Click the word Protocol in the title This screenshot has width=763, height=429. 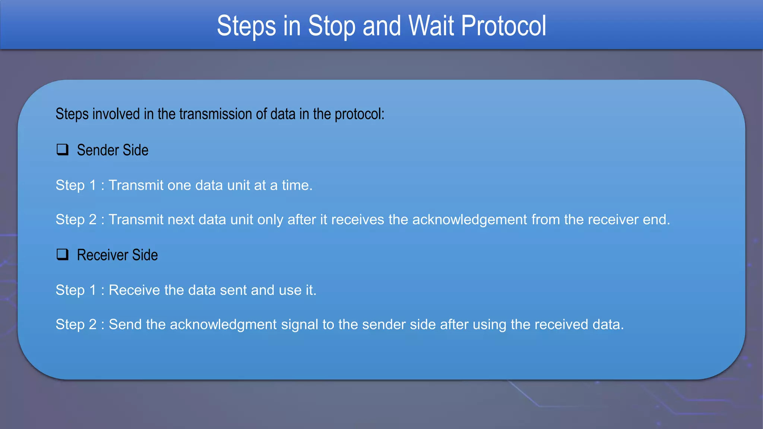pyautogui.click(x=503, y=26)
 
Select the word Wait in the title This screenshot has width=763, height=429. pyautogui.click(x=431, y=26)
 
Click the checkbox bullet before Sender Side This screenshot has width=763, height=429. pyautogui.click(x=62, y=150)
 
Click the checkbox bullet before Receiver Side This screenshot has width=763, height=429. pyautogui.click(x=62, y=255)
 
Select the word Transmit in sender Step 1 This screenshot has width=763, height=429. pyautogui.click(x=136, y=185)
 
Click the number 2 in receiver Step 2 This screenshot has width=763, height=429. pyautogui.click(x=93, y=324)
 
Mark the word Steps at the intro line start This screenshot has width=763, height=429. pyautogui.click(x=72, y=114)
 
